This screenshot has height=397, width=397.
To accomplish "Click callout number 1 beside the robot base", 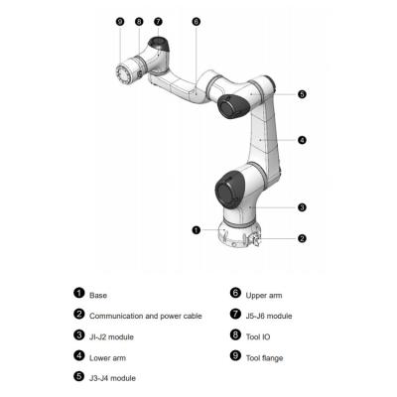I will [197, 230].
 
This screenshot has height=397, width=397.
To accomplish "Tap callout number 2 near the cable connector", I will [302, 238].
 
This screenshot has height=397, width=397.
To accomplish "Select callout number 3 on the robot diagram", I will [302, 207].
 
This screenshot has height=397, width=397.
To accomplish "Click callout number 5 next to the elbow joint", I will [302, 94].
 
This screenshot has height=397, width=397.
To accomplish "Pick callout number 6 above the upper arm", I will [196, 20].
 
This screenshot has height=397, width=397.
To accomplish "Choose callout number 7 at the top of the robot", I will [158, 20].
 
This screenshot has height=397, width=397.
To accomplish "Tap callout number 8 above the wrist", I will [138, 20].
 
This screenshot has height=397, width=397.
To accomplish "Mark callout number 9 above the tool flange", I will [119, 20].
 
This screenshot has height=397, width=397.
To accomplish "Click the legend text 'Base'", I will [98, 295].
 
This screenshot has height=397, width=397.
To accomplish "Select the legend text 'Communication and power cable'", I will [145, 316].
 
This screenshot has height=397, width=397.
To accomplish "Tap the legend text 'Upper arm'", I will [264, 295].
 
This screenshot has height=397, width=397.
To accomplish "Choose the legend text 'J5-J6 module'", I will [270, 316].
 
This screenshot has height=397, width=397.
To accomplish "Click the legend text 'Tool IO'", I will [260, 336].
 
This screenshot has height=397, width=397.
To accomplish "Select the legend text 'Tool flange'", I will [265, 356].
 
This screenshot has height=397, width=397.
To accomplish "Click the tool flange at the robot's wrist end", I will [125, 73].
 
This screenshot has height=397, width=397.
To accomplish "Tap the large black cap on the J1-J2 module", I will [229, 188].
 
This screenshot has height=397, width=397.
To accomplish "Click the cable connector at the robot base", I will [254, 239].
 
